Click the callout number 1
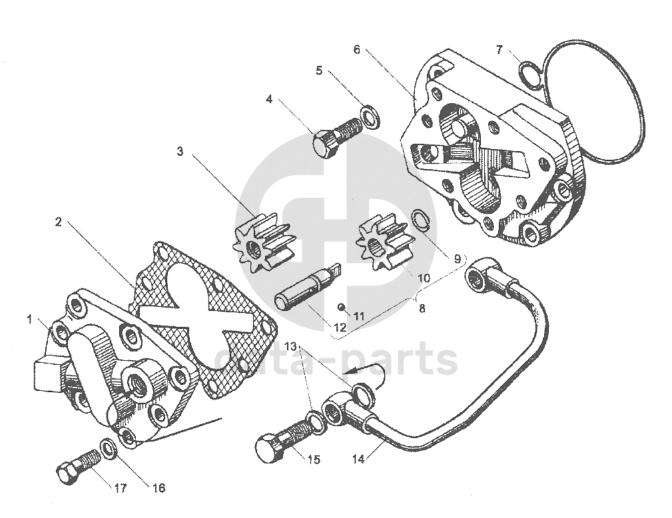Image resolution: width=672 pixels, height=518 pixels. [29, 320]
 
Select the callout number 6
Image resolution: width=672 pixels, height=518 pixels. [357, 50]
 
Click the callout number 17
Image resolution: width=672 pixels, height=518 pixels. [120, 488]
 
